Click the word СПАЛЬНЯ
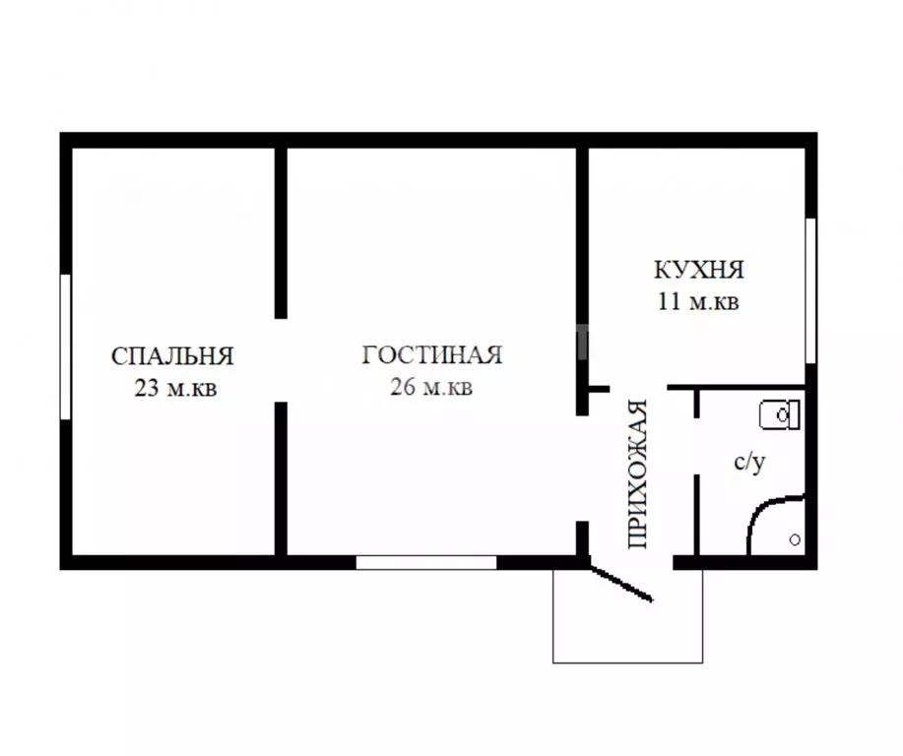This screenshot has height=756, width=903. click(172, 356)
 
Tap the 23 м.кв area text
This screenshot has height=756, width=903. click(175, 388)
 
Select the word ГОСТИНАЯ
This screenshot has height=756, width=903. click(432, 354)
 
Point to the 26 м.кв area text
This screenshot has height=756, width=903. click(431, 387)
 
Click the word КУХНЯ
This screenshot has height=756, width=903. click(698, 270)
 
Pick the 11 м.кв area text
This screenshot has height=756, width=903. click(698, 301)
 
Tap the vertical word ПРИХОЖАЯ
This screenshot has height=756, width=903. click(637, 473)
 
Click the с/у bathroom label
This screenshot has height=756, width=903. click(749, 462)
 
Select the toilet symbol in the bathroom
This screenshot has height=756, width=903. click(780, 414)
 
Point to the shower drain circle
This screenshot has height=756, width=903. click(795, 540)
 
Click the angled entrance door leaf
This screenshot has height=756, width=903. click(620, 584)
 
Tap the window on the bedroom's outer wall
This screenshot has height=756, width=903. click(66, 346)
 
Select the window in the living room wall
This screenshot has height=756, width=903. click(426, 562)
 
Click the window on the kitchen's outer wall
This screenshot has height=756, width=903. click(810, 290)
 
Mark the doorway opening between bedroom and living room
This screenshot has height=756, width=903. click(281, 360)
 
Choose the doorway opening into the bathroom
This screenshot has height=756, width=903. click(697, 446)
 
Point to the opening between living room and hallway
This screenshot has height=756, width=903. click(582, 469)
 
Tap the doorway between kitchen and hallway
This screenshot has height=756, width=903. click(638, 389)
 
